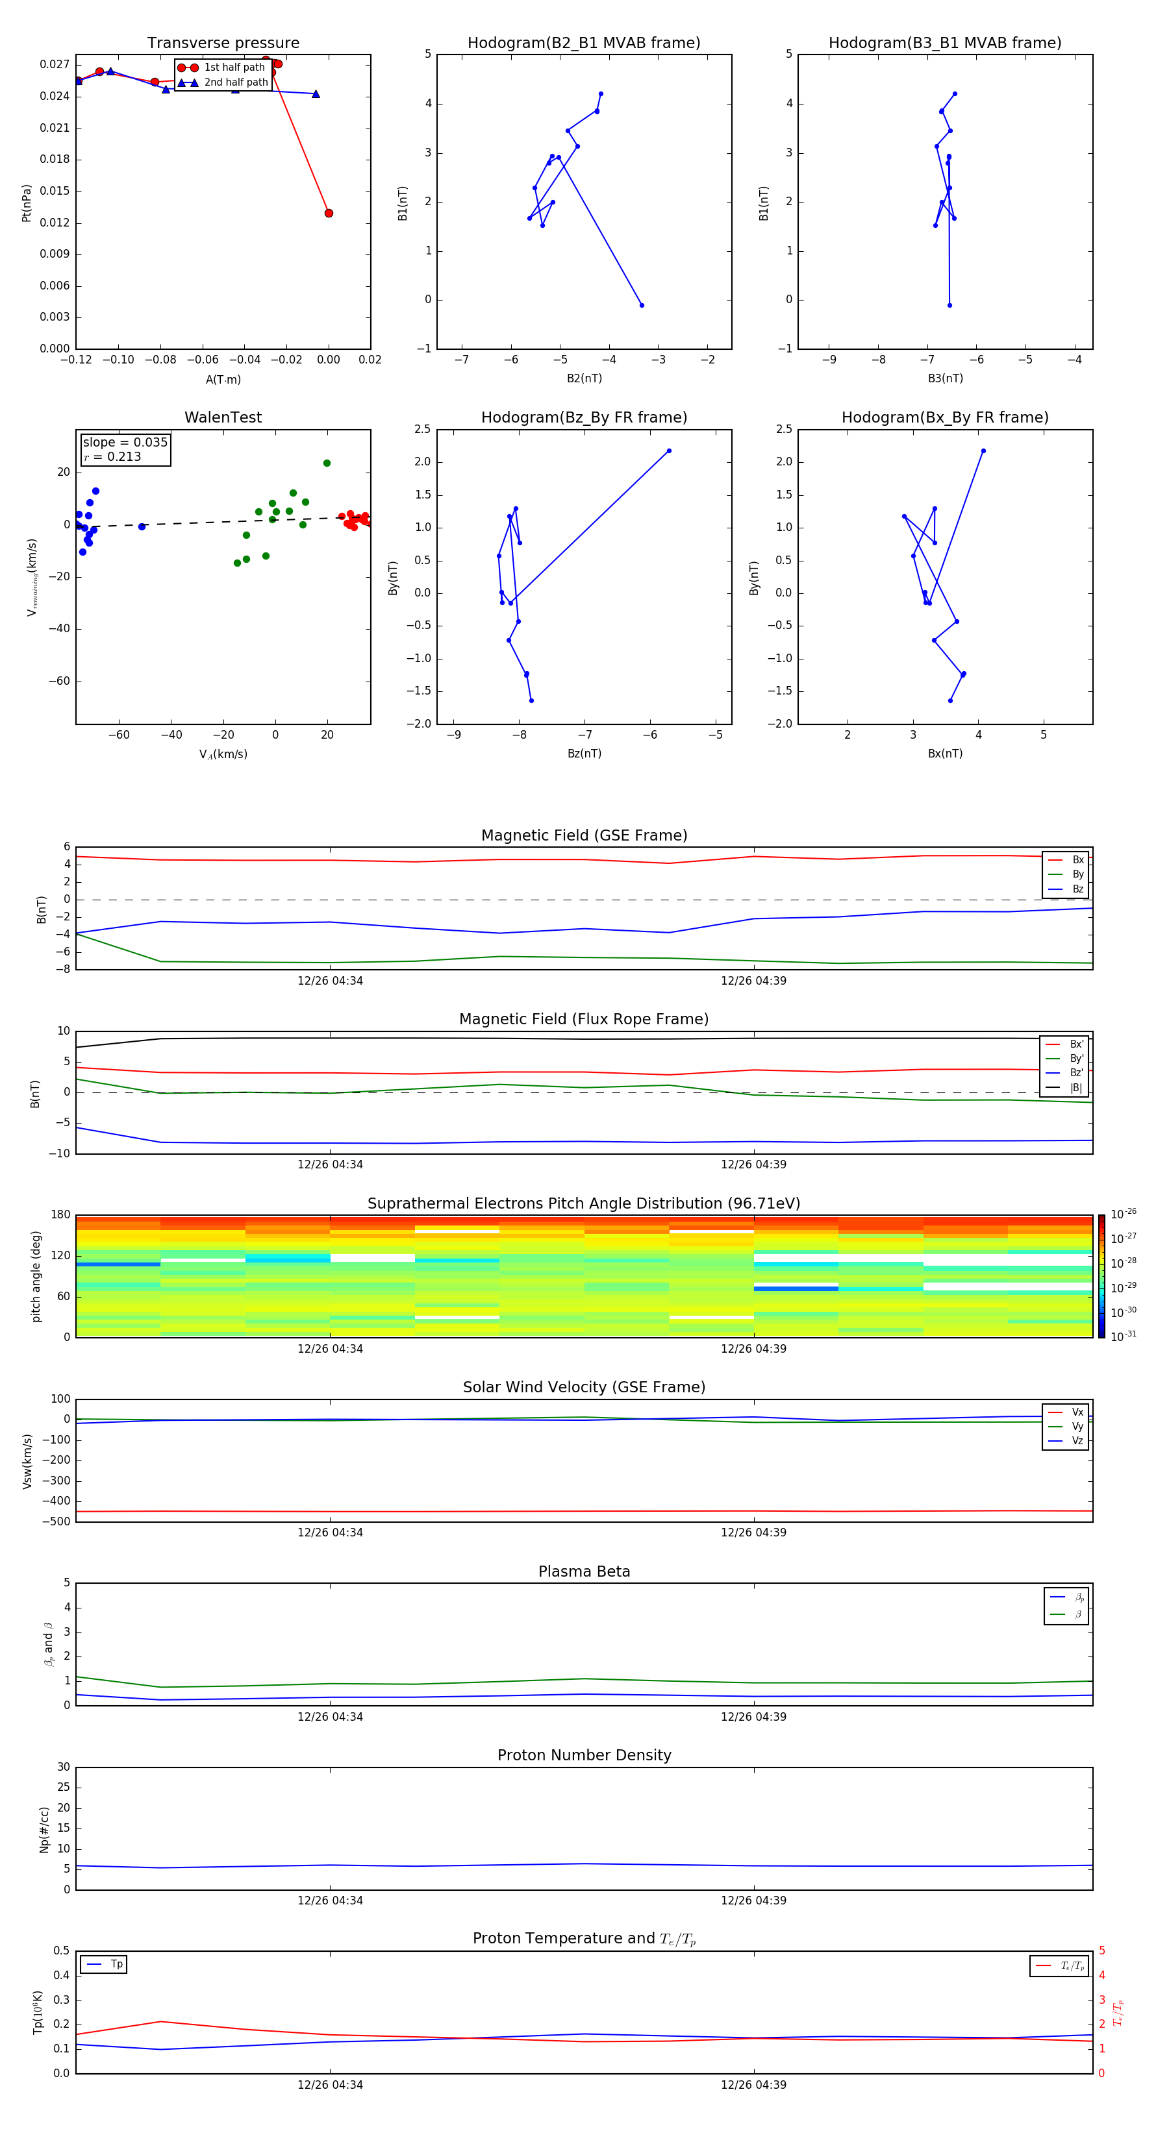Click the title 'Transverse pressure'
point(223,43)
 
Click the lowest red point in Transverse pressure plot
point(329,214)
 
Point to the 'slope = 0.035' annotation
point(125,443)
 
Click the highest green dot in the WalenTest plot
point(327,463)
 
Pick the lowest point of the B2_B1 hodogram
point(642,305)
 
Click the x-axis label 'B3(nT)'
point(945,378)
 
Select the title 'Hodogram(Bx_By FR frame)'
point(944,417)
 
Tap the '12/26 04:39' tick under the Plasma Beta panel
point(753,1716)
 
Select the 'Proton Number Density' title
point(584,1755)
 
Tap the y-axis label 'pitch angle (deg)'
point(36,1276)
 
